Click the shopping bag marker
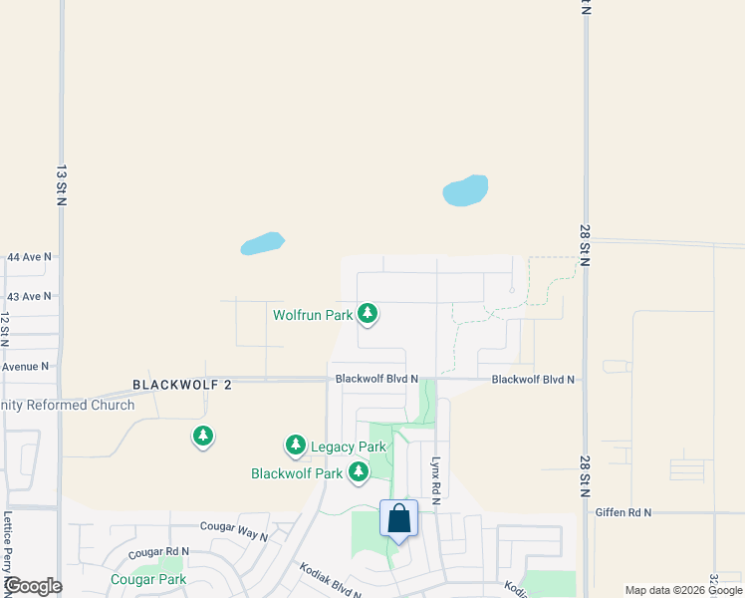[x=398, y=519]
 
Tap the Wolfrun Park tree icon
[x=369, y=315]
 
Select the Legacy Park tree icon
[x=296, y=447]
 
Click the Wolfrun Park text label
[x=314, y=315]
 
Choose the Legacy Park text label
[x=348, y=448]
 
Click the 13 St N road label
[x=61, y=185]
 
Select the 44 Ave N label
[x=28, y=257]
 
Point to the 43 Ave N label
[x=28, y=297]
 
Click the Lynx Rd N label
[x=435, y=479]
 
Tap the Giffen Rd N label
[x=622, y=512]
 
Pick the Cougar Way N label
[x=234, y=530]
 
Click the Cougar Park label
[x=148, y=579]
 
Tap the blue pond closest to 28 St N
[x=465, y=190]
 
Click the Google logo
[x=32, y=586]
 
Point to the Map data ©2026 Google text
[x=683, y=590]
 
